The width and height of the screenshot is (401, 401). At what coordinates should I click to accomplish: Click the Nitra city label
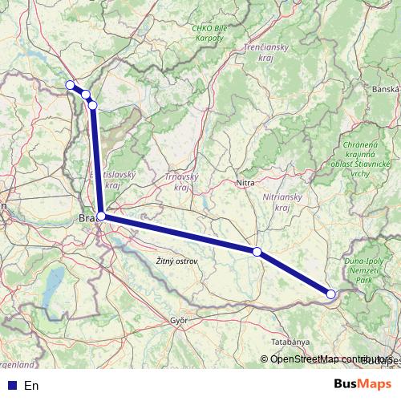pyautogui.click(x=246, y=183)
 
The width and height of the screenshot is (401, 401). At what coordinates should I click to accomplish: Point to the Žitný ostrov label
pyautogui.click(x=176, y=261)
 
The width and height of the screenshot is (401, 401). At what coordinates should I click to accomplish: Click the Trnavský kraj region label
pyautogui.click(x=181, y=181)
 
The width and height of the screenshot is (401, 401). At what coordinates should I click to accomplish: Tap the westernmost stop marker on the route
pyautogui.click(x=70, y=85)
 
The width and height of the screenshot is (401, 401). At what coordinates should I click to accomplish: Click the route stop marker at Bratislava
pyautogui.click(x=101, y=216)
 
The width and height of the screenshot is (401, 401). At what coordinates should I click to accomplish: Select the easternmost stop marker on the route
pyautogui.click(x=331, y=294)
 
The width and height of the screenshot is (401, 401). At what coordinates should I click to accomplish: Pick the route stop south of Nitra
pyautogui.click(x=257, y=252)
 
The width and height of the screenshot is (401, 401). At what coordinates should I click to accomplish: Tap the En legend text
pyautogui.click(x=31, y=386)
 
